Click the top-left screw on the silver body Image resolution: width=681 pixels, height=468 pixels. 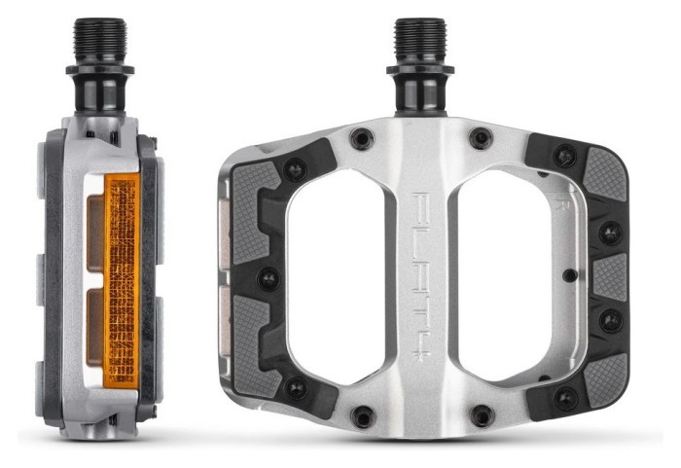(361, 140)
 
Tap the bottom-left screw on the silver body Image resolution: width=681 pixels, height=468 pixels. (361, 416)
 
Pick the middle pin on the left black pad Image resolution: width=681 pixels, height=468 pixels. (267, 280)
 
